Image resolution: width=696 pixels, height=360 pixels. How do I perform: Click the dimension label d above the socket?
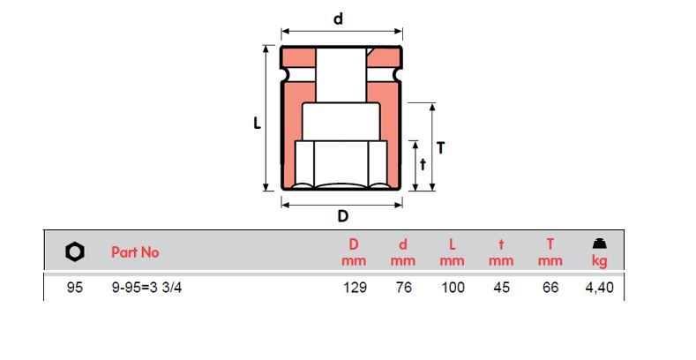coord(338,19)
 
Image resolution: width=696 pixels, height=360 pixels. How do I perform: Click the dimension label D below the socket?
coord(343,216)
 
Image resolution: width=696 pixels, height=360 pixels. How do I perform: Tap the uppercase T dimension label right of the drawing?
coord(441,148)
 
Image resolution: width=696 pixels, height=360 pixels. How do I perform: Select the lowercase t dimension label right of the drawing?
coord(423,163)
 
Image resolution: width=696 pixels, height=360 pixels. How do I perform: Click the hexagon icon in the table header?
coord(75,251)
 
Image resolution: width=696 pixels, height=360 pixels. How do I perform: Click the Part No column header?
coord(135,252)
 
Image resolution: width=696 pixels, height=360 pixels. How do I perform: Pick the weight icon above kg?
coord(599,244)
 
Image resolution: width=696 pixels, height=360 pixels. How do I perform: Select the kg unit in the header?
coord(600,260)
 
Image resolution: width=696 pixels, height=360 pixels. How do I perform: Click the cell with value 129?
coord(355,289)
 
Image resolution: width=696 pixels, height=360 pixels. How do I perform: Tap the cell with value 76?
coord(403,289)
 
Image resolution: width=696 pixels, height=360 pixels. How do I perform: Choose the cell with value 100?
coord(452,289)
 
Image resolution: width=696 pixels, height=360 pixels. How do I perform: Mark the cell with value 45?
coord(501,289)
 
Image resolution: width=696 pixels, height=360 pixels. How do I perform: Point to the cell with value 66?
coord(550,289)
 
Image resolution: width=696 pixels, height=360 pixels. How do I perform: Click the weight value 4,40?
coord(598,289)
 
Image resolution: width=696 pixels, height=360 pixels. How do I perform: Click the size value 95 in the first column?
coord(75,289)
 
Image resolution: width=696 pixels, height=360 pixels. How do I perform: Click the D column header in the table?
coord(354,244)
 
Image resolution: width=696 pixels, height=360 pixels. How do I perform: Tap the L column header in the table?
coord(452,244)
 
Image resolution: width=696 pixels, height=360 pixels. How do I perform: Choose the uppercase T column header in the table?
coord(550,244)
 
